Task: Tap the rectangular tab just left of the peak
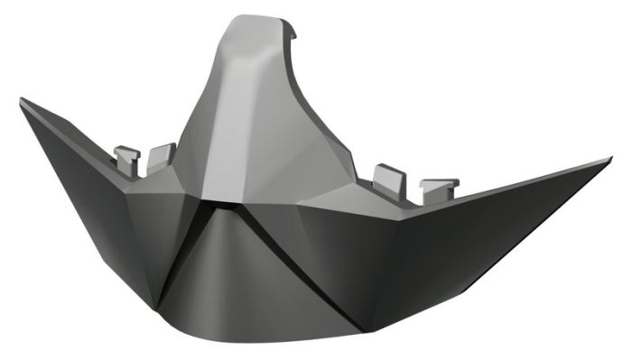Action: pyautogui.click(x=161, y=154)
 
